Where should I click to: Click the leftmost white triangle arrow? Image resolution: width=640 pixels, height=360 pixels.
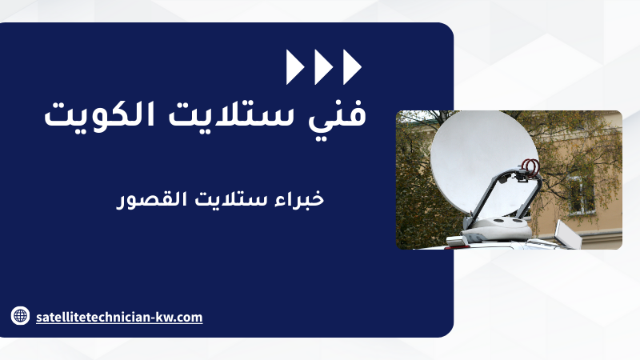294,67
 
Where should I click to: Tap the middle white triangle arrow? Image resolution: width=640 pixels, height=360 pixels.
323,67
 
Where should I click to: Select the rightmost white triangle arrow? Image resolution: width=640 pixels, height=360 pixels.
352,67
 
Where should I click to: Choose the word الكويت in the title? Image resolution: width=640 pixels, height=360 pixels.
99,114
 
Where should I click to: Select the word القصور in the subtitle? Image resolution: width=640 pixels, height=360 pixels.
151,199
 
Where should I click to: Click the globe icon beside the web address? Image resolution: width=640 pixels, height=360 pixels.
20,315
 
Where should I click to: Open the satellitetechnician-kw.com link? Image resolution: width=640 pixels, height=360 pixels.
119,317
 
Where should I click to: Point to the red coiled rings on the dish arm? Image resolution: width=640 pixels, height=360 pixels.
530,166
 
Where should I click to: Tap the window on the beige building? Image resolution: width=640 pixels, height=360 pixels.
582,194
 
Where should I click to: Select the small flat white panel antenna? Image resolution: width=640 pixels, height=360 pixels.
568,234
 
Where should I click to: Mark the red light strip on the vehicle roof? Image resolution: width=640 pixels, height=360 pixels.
457,246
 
